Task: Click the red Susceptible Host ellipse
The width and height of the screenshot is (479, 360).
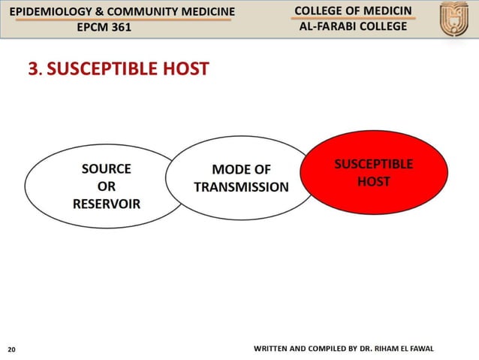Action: [x=372, y=174]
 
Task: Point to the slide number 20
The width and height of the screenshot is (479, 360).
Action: [x=11, y=349]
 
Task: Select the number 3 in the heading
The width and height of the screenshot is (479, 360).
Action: [x=32, y=70]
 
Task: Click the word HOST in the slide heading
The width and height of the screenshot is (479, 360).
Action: [x=181, y=70]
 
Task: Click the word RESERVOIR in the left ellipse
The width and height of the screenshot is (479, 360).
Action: [x=106, y=204]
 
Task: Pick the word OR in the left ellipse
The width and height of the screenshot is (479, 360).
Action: [x=106, y=186]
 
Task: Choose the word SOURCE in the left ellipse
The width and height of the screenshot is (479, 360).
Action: [x=106, y=169]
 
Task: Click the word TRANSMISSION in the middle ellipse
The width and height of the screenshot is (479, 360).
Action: [x=241, y=187]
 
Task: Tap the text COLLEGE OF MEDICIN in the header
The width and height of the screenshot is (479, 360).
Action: [x=352, y=10]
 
